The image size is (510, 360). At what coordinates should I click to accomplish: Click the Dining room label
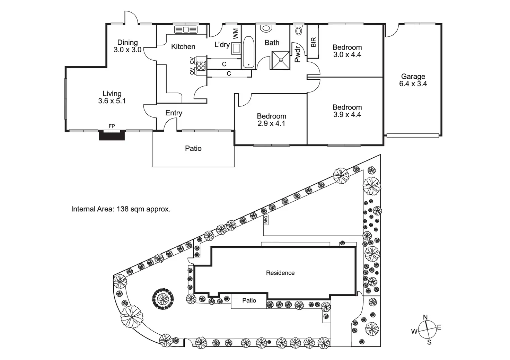[127, 46]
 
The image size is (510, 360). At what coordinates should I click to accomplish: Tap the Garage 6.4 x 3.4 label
[413, 80]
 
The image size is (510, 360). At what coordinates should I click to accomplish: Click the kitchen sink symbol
[186, 29]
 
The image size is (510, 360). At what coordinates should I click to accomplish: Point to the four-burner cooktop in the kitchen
[201, 65]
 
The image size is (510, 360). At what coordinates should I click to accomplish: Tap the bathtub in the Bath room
[248, 52]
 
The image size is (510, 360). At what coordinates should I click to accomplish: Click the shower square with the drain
[281, 60]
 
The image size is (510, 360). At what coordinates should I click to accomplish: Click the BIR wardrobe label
[314, 42]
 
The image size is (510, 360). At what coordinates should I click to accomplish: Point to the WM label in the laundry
[235, 34]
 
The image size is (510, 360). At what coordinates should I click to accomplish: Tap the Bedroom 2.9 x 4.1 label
[271, 120]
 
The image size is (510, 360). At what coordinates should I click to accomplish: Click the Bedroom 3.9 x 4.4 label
[347, 111]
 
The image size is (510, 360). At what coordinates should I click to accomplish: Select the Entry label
[174, 113]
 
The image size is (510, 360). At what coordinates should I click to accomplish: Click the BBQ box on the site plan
[266, 220]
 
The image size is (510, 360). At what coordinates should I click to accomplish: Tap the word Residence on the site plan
[280, 273]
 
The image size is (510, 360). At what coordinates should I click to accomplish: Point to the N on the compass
[425, 317]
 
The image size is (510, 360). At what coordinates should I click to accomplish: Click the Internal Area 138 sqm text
[121, 209]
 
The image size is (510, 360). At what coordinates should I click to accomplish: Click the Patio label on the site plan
[249, 300]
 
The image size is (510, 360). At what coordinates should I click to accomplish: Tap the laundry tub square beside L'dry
[236, 49]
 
